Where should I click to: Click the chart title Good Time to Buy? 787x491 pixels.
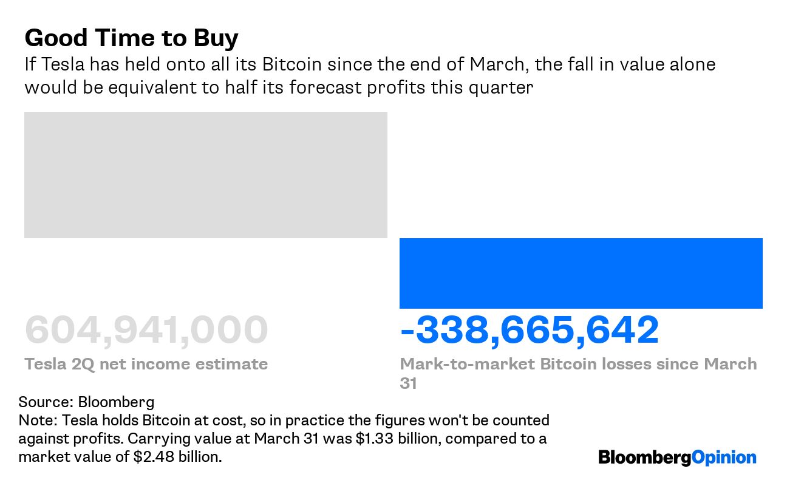[x=131, y=38]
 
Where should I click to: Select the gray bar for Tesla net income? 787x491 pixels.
[x=205, y=175]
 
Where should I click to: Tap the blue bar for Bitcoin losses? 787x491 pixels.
[x=581, y=273]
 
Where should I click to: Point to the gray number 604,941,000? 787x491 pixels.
[x=146, y=331]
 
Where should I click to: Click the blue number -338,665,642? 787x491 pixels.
[x=529, y=331]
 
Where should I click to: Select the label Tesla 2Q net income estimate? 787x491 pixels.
[x=146, y=364]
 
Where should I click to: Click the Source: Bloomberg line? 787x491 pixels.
[x=86, y=402]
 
